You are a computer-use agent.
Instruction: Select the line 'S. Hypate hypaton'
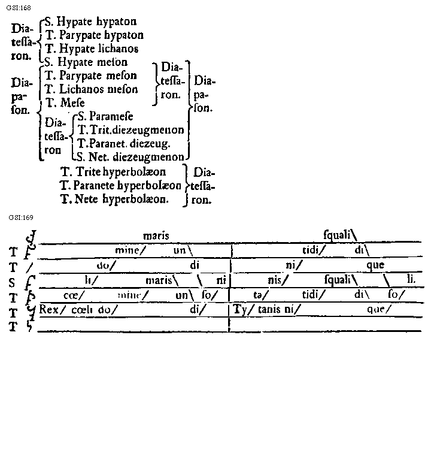[91, 22]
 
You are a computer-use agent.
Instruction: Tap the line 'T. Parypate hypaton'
[95, 35]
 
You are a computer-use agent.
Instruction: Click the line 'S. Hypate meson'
[86, 62]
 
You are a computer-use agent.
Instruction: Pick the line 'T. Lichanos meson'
[91, 89]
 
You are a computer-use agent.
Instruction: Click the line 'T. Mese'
[65, 102]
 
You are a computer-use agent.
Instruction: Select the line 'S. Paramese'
[105, 116]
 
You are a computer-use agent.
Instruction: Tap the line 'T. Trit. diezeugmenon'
[130, 129]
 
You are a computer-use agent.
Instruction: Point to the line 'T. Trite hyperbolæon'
[113, 172]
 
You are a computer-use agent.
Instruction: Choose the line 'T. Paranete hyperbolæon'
[121, 185]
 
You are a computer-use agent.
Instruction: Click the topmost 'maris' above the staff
[157, 236]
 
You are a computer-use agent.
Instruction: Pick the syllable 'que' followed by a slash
[378, 309]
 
